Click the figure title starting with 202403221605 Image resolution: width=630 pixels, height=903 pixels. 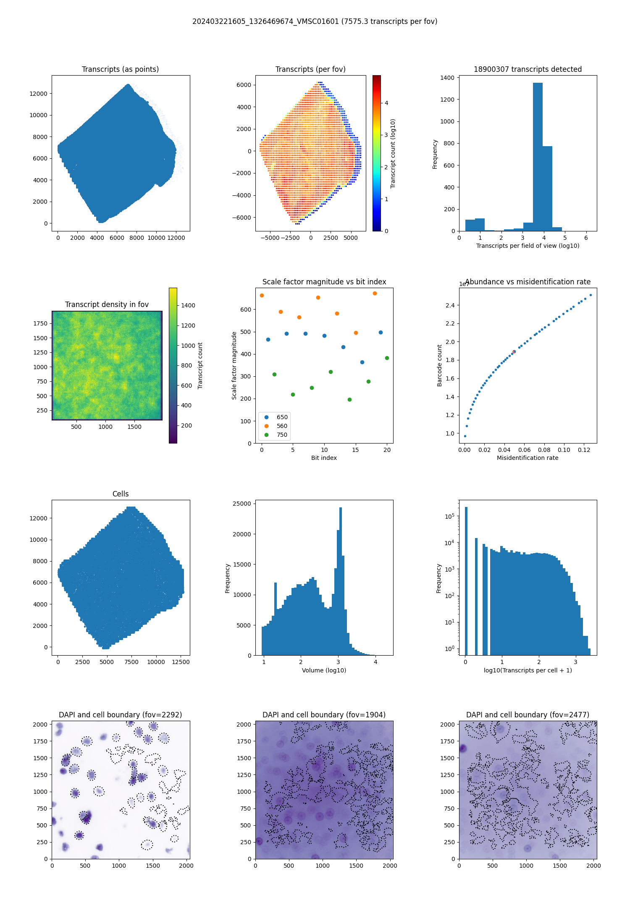(315, 21)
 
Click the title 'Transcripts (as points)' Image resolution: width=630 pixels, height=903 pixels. (120, 69)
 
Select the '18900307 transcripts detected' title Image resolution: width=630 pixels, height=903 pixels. (528, 69)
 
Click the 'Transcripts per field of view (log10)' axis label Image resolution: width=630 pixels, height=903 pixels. (528, 246)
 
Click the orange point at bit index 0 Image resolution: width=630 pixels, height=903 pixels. (262, 295)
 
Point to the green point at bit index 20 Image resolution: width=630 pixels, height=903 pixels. (387, 358)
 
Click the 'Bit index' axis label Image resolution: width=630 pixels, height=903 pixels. (324, 458)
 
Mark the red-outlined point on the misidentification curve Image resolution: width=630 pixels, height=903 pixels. (514, 352)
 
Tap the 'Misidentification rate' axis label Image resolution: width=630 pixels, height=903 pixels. (528, 458)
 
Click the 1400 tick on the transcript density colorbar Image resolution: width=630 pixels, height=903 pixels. (188, 305)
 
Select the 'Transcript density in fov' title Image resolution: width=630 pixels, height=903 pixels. (107, 304)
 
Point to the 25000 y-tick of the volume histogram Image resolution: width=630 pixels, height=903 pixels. (244, 504)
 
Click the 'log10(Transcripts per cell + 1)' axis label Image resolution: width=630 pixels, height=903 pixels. (528, 670)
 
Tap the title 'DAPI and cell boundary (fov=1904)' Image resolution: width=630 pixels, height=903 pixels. (324, 715)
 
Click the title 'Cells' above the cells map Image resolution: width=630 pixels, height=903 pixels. (121, 494)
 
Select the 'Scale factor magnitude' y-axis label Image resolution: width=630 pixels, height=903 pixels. (234, 365)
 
